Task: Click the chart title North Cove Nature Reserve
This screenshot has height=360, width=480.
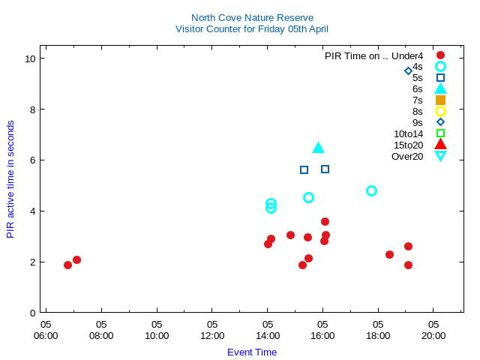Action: point(252,17)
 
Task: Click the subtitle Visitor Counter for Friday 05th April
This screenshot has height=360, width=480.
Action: point(252,29)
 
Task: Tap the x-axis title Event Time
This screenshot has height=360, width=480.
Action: point(252,352)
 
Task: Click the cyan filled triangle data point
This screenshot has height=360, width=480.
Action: point(318,148)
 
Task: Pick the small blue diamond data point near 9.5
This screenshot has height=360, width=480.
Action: point(408,71)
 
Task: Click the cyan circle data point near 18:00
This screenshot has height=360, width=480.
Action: point(371,191)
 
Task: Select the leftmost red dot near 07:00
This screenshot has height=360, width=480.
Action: point(67,265)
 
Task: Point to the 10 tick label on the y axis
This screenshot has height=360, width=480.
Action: point(30,58)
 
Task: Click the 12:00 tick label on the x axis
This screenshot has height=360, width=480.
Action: point(212,335)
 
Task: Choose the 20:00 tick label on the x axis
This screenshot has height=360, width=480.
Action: point(433,335)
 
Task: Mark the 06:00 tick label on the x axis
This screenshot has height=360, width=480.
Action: point(46,335)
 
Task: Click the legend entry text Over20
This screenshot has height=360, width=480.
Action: point(407,156)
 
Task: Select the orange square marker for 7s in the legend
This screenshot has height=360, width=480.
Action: point(440,100)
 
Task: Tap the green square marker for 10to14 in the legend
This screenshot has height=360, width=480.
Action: point(440,133)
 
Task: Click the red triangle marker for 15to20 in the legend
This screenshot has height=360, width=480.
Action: point(440,145)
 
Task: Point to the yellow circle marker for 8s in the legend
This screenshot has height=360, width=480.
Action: point(440,111)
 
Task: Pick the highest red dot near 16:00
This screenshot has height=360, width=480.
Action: point(325,221)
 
